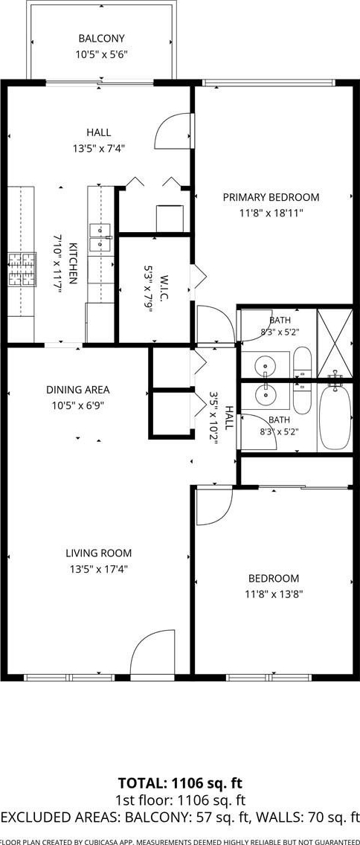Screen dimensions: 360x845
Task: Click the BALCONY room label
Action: [x=101, y=38]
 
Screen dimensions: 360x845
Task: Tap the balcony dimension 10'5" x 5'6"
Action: [x=101, y=54]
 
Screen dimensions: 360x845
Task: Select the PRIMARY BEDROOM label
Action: [x=271, y=197]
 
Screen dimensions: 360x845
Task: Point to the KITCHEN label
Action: [x=74, y=263]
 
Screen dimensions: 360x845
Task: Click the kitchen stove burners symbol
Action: [x=22, y=269]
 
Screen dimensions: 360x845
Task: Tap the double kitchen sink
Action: [x=100, y=238]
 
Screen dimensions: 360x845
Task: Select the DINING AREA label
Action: [x=77, y=390]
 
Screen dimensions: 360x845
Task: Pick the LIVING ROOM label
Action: [x=99, y=553]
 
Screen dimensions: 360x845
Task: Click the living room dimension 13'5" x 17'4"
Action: [x=99, y=568]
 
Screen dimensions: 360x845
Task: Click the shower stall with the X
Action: [x=335, y=343]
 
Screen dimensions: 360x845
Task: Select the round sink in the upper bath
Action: [x=265, y=365]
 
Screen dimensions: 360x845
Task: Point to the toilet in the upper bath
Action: [x=302, y=364]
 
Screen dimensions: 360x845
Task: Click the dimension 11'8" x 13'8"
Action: [x=274, y=594]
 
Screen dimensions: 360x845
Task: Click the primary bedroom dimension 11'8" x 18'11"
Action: [x=271, y=213]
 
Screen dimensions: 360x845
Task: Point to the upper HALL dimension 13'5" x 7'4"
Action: [x=99, y=148]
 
